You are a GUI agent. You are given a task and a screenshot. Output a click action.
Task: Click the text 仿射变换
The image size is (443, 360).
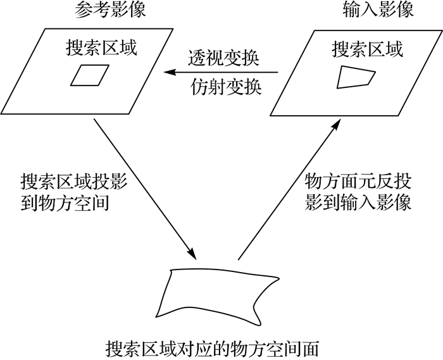tap(225, 87)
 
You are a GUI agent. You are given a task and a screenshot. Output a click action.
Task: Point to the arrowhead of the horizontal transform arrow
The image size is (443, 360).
tap(168, 74)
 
